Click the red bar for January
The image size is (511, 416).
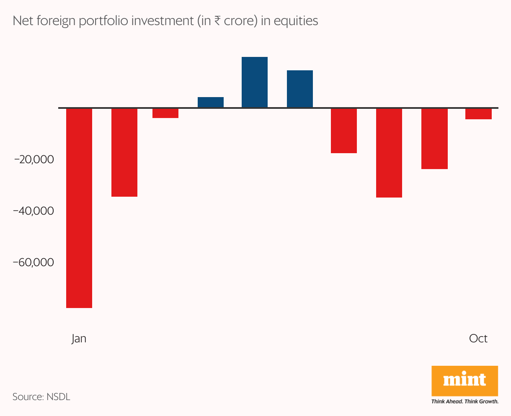click(79, 208)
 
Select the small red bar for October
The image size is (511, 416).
click(478, 114)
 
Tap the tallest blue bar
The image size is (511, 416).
click(255, 82)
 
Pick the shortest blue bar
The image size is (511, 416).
click(211, 102)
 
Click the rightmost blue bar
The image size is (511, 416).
click(300, 89)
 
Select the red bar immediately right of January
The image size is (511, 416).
click(124, 152)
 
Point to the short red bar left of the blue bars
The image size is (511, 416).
click(165, 113)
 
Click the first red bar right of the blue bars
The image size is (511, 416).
click(344, 131)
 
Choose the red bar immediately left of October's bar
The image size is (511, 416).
click(434, 139)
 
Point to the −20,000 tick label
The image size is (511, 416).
click(34, 159)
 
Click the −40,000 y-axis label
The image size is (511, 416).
click(34, 211)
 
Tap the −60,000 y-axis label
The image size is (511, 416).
click(34, 262)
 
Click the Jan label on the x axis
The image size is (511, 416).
click(79, 338)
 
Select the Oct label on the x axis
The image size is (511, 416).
click(478, 338)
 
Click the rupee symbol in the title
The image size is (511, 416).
click(217, 21)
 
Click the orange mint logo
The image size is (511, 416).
click(465, 380)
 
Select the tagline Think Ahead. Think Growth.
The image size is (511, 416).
click(465, 401)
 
